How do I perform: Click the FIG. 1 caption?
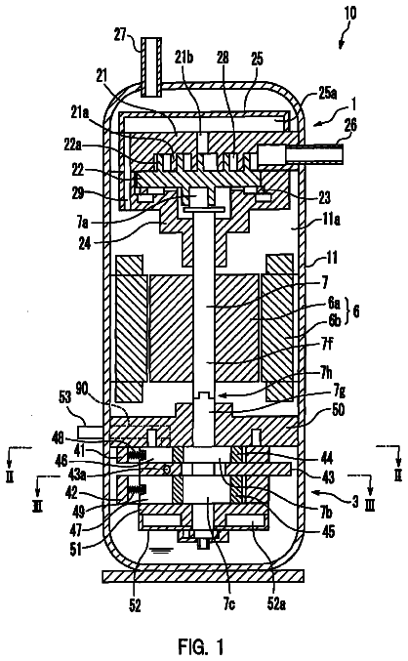pos(201,645)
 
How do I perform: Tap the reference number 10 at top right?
pos(349,13)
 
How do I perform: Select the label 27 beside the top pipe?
pos(121,34)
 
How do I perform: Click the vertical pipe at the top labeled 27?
pos(151,66)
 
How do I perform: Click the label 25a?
pos(328,94)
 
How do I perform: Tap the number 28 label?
pos(223,58)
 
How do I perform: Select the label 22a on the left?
pos(73,145)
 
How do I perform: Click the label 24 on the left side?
pos(84,243)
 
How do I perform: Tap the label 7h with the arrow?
pos(326,373)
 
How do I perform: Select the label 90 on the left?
pos(82,390)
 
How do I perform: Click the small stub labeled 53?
pos(90,432)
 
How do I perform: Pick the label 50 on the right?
pos(339,410)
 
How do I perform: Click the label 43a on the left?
pos(78,475)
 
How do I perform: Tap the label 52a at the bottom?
pos(276,604)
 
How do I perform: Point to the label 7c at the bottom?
pos(228,604)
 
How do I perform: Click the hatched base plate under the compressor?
pos(203,576)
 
